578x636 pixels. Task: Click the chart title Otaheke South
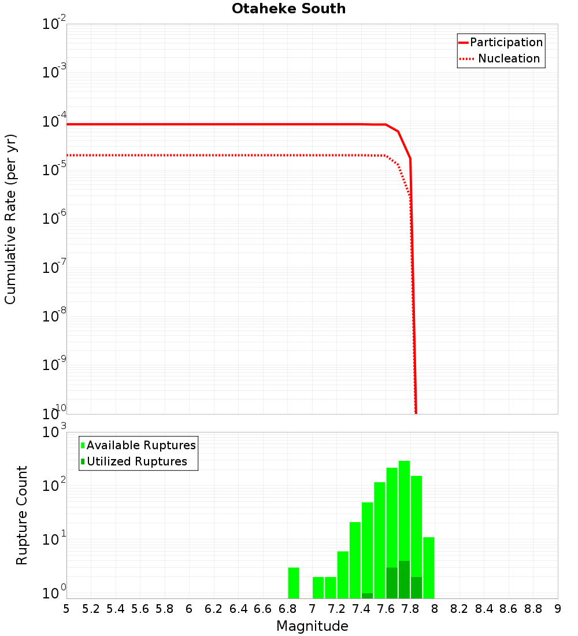[288, 9]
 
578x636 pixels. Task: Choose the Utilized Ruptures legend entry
[136, 461]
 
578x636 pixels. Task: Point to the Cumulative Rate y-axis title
[10, 219]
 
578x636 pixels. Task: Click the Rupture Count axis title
[22, 515]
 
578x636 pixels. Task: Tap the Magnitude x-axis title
[312, 626]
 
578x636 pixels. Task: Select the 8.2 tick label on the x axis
[459, 609]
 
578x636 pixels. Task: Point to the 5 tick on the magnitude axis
[66, 609]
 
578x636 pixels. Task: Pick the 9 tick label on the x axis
[558, 609]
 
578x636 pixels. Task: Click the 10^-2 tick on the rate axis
[54, 24]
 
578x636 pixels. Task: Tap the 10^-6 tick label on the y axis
[54, 219]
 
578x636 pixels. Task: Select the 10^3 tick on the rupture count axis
[54, 432]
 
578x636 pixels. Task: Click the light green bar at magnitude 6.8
[294, 583]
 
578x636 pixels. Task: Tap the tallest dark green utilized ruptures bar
[404, 579]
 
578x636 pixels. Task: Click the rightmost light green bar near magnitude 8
[428, 568]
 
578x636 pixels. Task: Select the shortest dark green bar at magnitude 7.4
[367, 596]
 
